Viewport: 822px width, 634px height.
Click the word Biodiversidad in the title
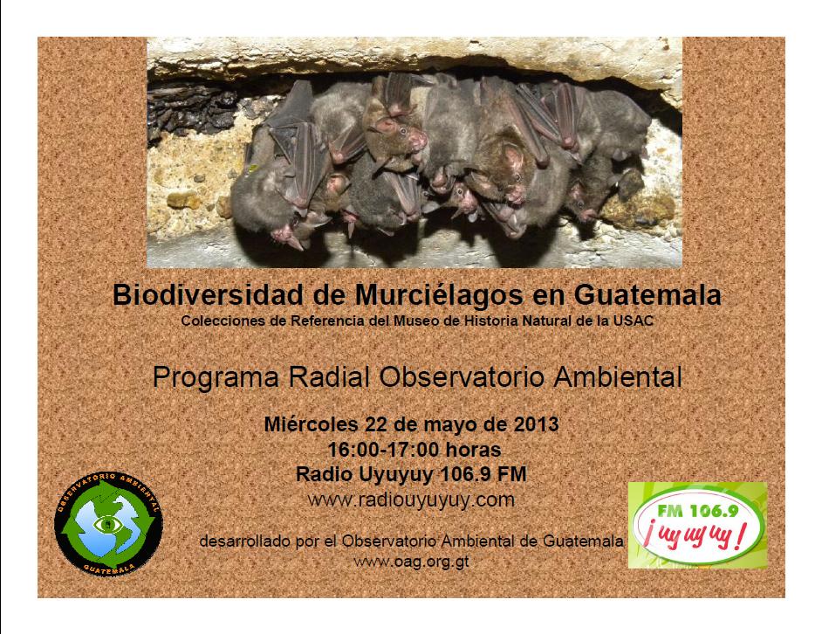tap(209, 294)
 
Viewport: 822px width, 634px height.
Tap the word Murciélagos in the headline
tap(439, 295)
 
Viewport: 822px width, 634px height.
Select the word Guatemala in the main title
tap(647, 294)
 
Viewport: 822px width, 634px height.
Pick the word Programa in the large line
tap(216, 378)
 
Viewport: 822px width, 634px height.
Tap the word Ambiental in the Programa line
tap(618, 377)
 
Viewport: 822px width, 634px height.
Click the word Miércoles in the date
tap(312, 424)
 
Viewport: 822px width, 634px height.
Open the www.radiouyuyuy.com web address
tap(412, 500)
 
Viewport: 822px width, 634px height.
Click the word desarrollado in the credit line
tap(245, 541)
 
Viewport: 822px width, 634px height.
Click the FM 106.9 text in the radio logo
tap(698, 511)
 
